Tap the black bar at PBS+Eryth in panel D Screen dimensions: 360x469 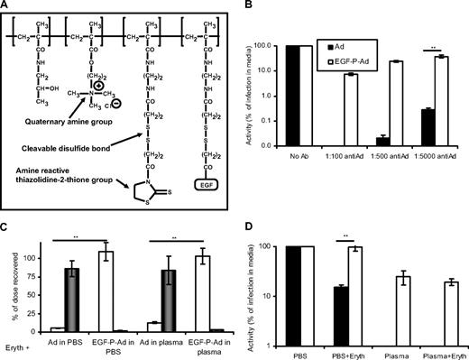pos(338,294)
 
